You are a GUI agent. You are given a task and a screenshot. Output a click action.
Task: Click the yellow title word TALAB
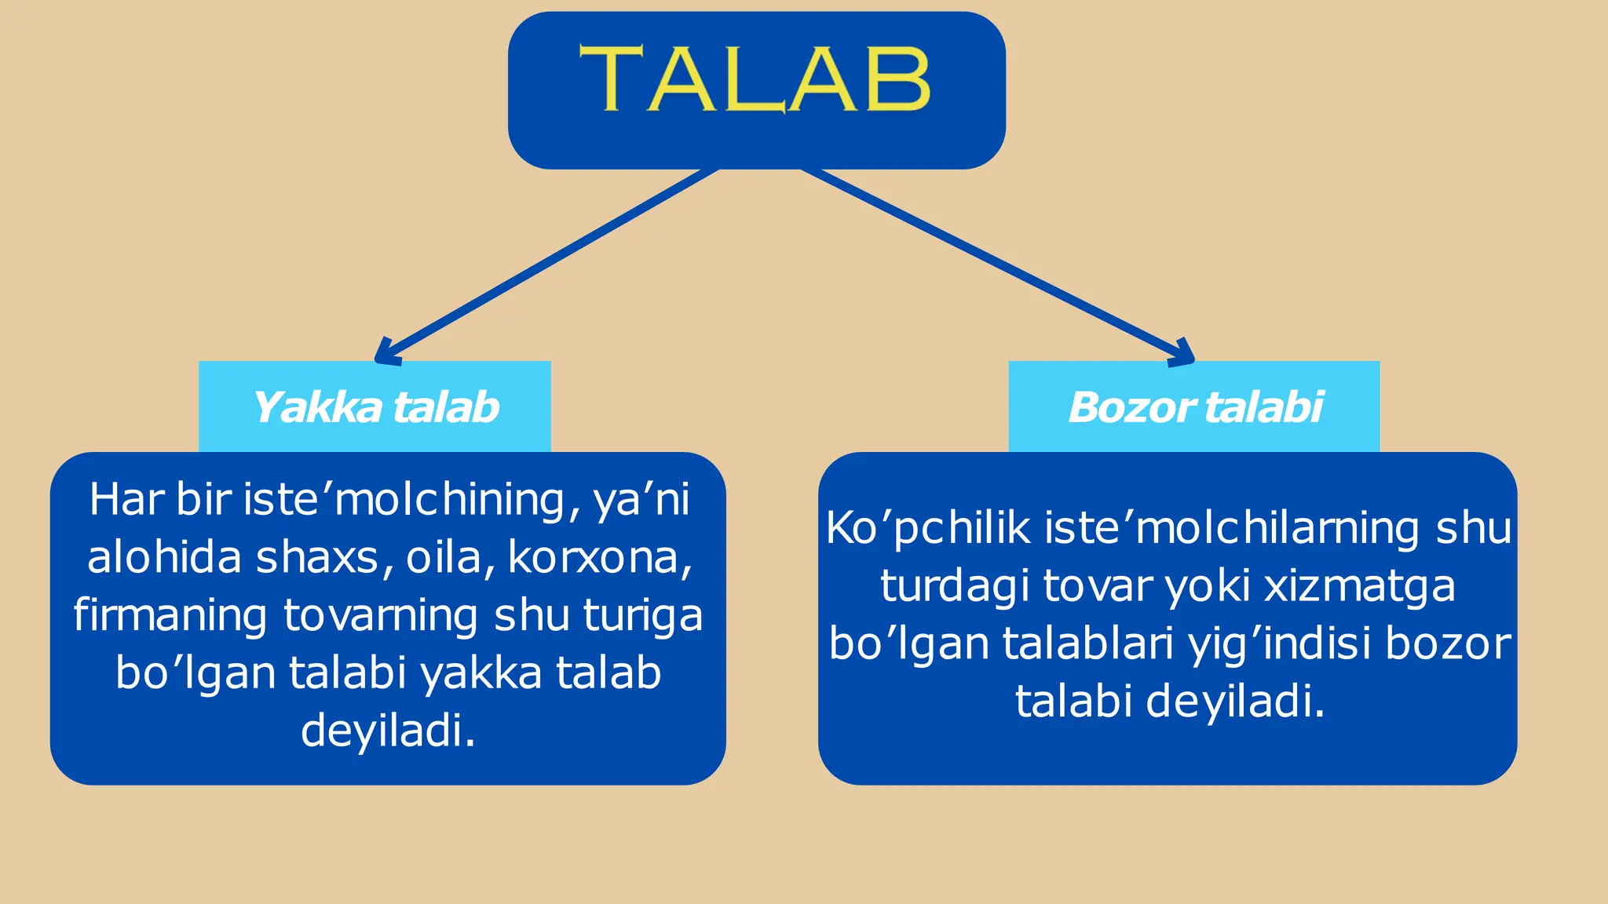coord(755,80)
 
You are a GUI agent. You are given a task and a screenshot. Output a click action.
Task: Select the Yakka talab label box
coord(375,406)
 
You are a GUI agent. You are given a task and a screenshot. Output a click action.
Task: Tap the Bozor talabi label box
coord(1194,406)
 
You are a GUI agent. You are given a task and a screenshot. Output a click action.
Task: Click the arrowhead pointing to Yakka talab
coord(386,354)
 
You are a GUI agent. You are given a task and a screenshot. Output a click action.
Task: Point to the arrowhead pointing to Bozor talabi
coord(1182,354)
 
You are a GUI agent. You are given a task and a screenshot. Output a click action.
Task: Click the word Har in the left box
coord(126,499)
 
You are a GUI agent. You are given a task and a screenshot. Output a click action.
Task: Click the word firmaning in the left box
coord(170,615)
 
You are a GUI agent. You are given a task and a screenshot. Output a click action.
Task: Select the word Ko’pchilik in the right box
coord(927,528)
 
